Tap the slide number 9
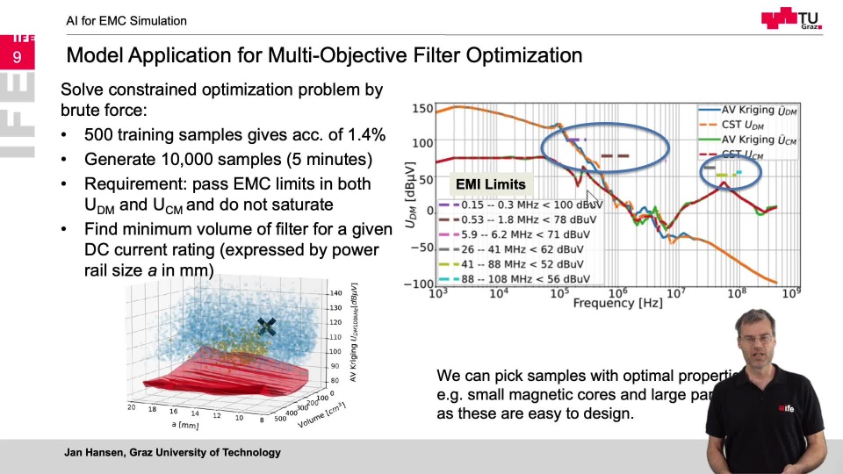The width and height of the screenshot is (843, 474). (x=17, y=58)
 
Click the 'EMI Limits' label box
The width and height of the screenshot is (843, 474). (x=490, y=184)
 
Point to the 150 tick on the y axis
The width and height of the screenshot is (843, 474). (x=422, y=109)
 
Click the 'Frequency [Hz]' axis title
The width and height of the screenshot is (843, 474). (x=616, y=304)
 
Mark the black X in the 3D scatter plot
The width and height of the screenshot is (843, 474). (x=267, y=327)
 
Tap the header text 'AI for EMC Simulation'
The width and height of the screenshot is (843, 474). (x=126, y=20)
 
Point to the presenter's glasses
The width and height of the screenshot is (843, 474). (x=755, y=338)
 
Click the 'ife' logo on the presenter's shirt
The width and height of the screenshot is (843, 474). (x=785, y=407)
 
